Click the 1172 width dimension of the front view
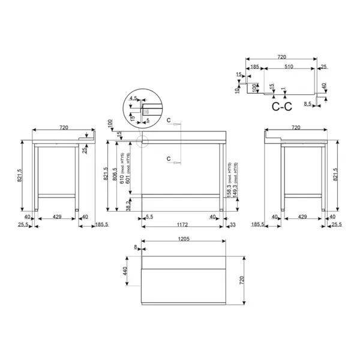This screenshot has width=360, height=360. point(182,224)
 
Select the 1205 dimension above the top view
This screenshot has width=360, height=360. point(183,238)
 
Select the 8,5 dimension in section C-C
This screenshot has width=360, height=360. point(307,104)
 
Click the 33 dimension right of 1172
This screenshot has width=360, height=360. point(232,224)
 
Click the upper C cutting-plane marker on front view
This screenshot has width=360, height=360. point(169,122)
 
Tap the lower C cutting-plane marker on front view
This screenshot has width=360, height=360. point(169,158)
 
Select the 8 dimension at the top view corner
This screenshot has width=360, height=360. point(136,247)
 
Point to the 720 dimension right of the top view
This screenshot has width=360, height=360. point(242,280)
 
